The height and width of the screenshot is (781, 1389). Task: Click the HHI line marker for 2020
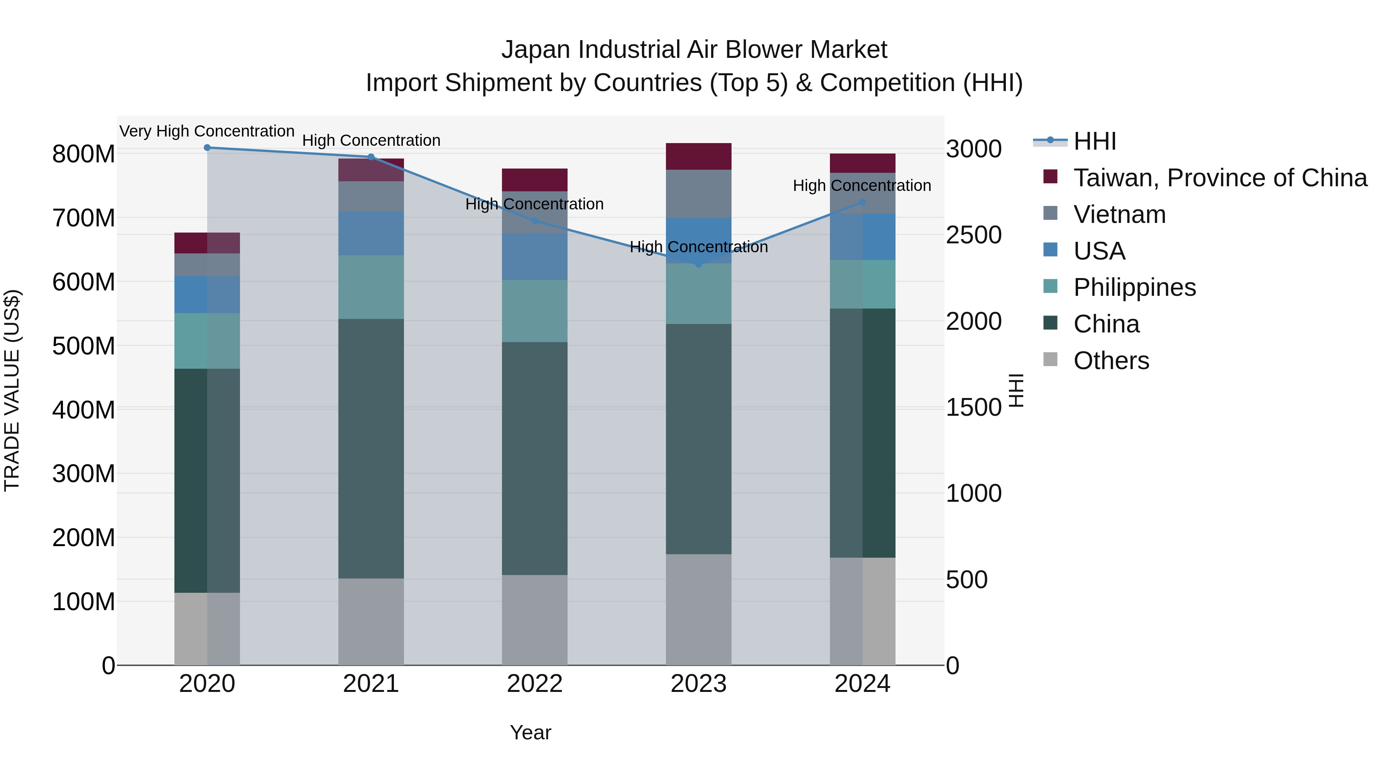coord(207,148)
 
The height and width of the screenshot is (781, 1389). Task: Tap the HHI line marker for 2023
coord(699,264)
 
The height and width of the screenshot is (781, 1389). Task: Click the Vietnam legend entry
coord(1119,214)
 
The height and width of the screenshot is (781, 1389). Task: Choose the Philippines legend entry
coord(1134,287)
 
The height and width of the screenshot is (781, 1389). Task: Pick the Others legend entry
coord(1111,361)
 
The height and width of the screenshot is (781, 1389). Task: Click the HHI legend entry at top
coord(1095,141)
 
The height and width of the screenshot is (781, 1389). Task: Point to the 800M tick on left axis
coord(84,154)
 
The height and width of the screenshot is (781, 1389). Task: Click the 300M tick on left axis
coord(84,474)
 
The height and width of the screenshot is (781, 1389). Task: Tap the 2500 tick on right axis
coord(974,235)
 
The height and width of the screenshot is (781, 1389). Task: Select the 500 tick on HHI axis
coord(966,580)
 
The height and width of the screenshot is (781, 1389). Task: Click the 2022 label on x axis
coord(534,684)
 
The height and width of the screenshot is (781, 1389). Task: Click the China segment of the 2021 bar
coord(371,449)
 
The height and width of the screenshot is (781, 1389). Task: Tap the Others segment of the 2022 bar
coord(534,620)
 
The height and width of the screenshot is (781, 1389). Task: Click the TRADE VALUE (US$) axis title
coord(12,390)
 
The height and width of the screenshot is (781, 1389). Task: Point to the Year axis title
coord(531,732)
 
